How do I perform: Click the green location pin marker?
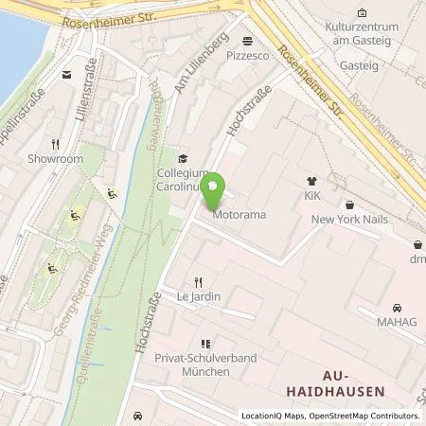[x=213, y=192]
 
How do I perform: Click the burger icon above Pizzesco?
[x=248, y=41]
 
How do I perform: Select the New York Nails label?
[x=349, y=219]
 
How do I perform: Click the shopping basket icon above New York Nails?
[x=349, y=204]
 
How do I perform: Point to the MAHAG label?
[x=398, y=322]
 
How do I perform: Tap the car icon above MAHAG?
[x=398, y=308]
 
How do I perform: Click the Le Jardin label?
[x=199, y=296]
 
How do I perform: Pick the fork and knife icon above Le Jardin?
[x=199, y=281]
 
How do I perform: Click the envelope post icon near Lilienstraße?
[x=66, y=74]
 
